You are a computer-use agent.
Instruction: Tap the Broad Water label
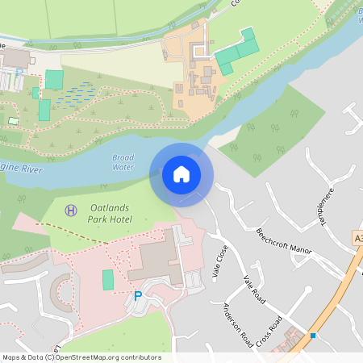123,162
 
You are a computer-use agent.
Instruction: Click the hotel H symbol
70,210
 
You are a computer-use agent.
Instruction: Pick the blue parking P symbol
137,297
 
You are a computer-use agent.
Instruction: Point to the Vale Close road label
217,262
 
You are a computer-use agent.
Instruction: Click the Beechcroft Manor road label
283,240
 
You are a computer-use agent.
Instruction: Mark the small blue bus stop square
313,335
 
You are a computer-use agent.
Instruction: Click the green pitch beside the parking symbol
108,280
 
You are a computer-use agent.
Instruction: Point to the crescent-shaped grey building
59,292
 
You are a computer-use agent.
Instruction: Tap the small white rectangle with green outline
13,121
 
